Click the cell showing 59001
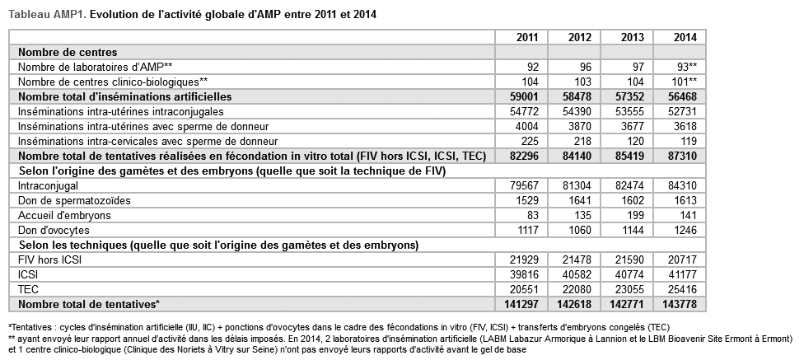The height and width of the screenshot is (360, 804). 524,96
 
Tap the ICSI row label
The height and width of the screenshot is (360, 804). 29,275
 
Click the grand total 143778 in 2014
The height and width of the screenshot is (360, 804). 684,305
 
